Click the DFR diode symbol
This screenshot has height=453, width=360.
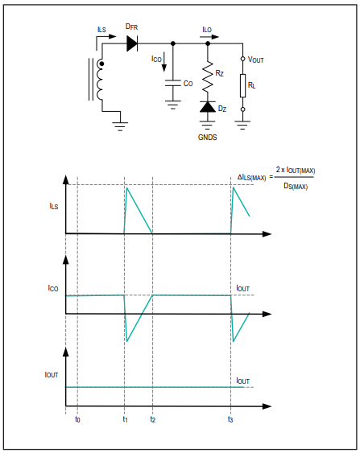click(132, 43)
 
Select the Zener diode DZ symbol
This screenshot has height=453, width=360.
click(208, 107)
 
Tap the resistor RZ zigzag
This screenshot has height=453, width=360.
click(208, 76)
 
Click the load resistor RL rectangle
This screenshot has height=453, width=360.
click(243, 85)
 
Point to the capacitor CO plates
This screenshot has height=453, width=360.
click(173, 83)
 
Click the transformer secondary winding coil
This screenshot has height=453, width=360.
click(100, 80)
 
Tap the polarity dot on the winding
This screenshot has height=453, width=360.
click(101, 64)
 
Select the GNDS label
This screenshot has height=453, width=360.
click(207, 137)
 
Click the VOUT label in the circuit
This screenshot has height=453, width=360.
click(256, 60)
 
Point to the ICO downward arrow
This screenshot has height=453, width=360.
click(164, 62)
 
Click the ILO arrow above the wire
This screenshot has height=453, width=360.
click(209, 37)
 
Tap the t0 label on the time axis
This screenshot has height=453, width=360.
click(77, 419)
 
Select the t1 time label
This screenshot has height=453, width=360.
click(125, 419)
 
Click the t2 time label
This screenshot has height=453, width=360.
click(153, 419)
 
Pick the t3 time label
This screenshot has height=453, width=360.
click(230, 419)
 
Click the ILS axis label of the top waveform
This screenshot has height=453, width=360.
click(54, 206)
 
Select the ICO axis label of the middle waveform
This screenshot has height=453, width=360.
click(53, 288)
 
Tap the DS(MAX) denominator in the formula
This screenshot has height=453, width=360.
click(296, 187)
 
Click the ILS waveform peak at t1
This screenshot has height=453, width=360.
click(127, 187)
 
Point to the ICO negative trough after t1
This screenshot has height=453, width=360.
click(127, 341)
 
